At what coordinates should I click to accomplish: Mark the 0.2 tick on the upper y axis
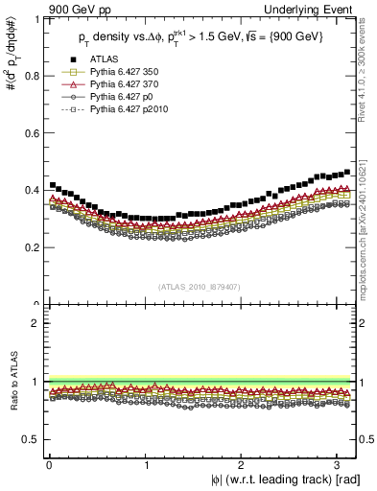point(30,247)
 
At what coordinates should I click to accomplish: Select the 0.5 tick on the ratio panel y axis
point(30,439)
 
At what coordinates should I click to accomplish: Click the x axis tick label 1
point(146,465)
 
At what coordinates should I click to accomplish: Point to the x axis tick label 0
point(49,465)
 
